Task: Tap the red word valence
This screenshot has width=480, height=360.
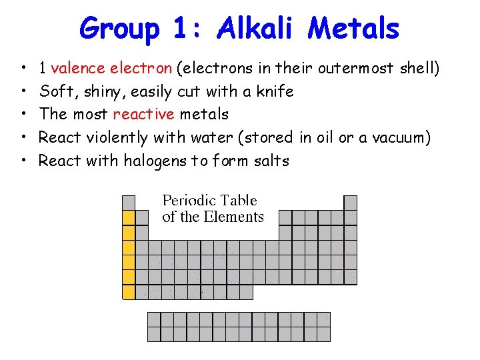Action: [77, 67]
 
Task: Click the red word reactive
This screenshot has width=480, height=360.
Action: [143, 114]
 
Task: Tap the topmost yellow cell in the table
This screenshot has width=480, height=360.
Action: [129, 218]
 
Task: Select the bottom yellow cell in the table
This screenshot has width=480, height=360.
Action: [129, 292]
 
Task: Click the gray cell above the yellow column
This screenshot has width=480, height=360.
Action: [129, 203]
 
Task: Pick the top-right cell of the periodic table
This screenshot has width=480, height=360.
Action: [350, 203]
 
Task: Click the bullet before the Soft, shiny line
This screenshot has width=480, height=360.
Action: [23, 91]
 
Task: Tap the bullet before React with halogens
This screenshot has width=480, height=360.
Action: [23, 161]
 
